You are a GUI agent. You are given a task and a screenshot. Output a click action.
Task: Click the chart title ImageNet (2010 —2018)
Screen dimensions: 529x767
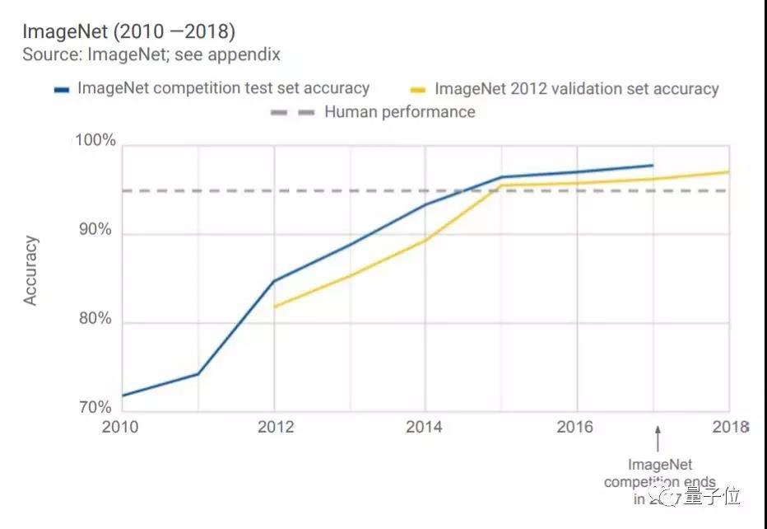[x=128, y=32]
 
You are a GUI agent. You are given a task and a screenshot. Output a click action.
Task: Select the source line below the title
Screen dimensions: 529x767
[x=151, y=55]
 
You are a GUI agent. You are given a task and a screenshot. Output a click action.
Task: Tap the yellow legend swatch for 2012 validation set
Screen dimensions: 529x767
[x=420, y=89]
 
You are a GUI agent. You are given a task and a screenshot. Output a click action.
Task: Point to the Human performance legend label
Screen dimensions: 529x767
[x=400, y=111]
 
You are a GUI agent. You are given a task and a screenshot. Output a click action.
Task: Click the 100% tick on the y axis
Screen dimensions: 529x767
[x=95, y=140]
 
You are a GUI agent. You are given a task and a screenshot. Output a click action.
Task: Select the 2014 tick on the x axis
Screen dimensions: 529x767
[x=425, y=426]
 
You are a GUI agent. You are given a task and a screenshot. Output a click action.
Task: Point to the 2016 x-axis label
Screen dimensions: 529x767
[x=575, y=426]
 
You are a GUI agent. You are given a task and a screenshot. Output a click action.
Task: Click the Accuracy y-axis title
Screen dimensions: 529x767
[x=30, y=271]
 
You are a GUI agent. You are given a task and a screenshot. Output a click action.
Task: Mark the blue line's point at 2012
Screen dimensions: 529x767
[x=274, y=281]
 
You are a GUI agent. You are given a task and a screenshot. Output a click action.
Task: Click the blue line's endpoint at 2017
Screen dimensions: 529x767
[x=653, y=166]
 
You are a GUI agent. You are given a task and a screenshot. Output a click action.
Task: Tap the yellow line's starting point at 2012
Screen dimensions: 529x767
[x=274, y=307]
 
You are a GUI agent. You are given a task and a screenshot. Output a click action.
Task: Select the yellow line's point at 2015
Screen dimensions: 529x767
[x=501, y=185]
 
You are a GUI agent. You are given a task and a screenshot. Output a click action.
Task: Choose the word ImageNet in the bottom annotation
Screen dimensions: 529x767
[x=658, y=465]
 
